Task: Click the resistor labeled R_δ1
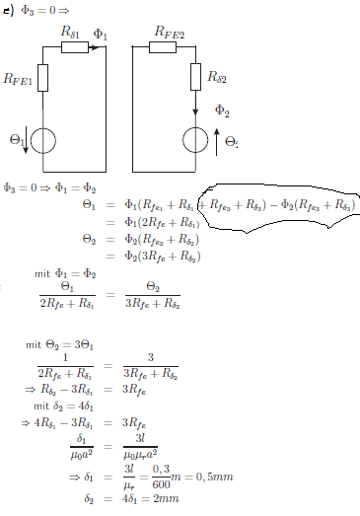(x=75, y=47)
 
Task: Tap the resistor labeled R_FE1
(x=42, y=78)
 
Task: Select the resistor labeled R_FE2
(x=163, y=47)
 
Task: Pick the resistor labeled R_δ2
(x=196, y=77)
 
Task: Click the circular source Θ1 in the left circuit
(x=43, y=141)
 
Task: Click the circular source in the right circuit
(x=195, y=140)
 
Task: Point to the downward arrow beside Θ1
(x=26, y=142)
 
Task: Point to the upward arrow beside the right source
(x=217, y=142)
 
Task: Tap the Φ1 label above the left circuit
(x=101, y=35)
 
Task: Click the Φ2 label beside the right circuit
(x=222, y=111)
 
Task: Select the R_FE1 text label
(x=18, y=79)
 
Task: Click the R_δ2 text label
(x=217, y=77)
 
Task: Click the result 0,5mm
(x=215, y=477)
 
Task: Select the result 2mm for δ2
(x=167, y=498)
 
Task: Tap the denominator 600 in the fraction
(x=161, y=484)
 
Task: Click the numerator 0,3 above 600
(x=161, y=469)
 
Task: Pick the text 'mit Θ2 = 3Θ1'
(x=59, y=345)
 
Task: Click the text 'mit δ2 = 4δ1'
(x=63, y=406)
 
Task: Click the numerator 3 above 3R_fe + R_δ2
(x=151, y=357)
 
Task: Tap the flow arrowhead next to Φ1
(x=95, y=47)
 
